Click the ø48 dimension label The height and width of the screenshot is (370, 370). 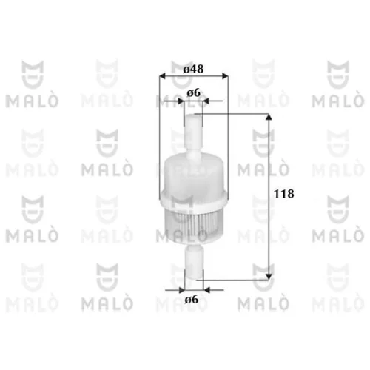(x=194, y=69)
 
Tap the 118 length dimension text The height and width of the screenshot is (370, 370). (x=284, y=194)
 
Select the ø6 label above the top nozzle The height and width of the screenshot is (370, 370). (x=194, y=93)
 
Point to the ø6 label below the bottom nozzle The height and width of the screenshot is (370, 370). (x=192, y=300)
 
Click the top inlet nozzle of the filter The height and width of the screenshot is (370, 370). (x=193, y=131)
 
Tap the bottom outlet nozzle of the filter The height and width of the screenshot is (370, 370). (x=194, y=262)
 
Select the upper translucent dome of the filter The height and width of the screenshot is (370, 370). (x=194, y=172)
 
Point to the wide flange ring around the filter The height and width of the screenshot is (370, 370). (x=194, y=200)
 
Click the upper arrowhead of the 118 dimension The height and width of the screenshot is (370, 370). (x=269, y=117)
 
